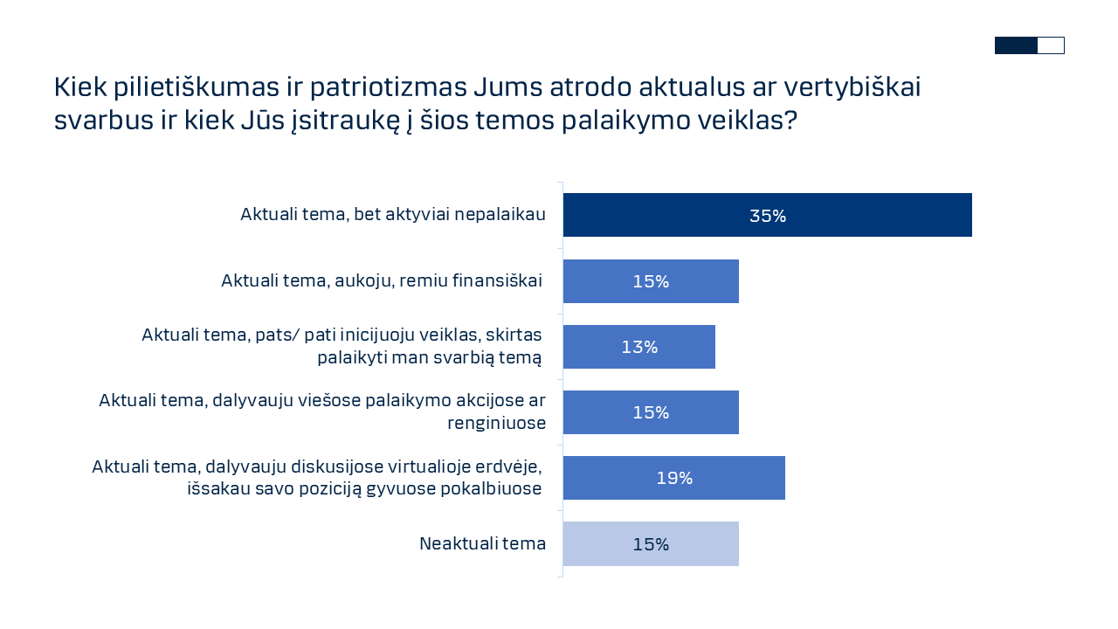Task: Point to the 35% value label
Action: pyautogui.click(x=768, y=216)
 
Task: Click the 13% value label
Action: pyautogui.click(x=639, y=347)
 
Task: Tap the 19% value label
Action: pyautogui.click(x=674, y=478)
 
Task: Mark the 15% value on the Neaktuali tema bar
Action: pyautogui.click(x=651, y=544)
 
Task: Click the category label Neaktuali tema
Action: pyautogui.click(x=482, y=543)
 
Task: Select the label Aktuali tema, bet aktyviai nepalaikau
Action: pyautogui.click(x=393, y=215)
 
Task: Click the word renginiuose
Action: pyautogui.click(x=496, y=423)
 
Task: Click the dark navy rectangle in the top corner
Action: pyautogui.click(x=1016, y=45)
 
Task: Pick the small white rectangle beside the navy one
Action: pyautogui.click(x=1051, y=45)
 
